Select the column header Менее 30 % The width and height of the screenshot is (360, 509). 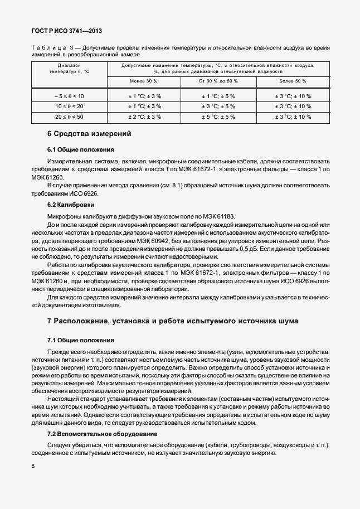coord(144,81)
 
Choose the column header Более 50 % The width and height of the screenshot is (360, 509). coord(293,81)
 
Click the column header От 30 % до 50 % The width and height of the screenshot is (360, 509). coord(218,81)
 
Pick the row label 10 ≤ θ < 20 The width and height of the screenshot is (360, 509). coord(69,106)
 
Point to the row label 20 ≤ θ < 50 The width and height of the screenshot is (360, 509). coord(69,117)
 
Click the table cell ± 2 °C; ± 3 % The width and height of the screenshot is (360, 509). coord(144,117)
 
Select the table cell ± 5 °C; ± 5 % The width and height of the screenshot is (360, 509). coord(218,117)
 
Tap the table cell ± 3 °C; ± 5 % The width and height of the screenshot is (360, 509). coord(218,106)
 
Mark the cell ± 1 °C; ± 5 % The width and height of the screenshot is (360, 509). coord(218,96)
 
